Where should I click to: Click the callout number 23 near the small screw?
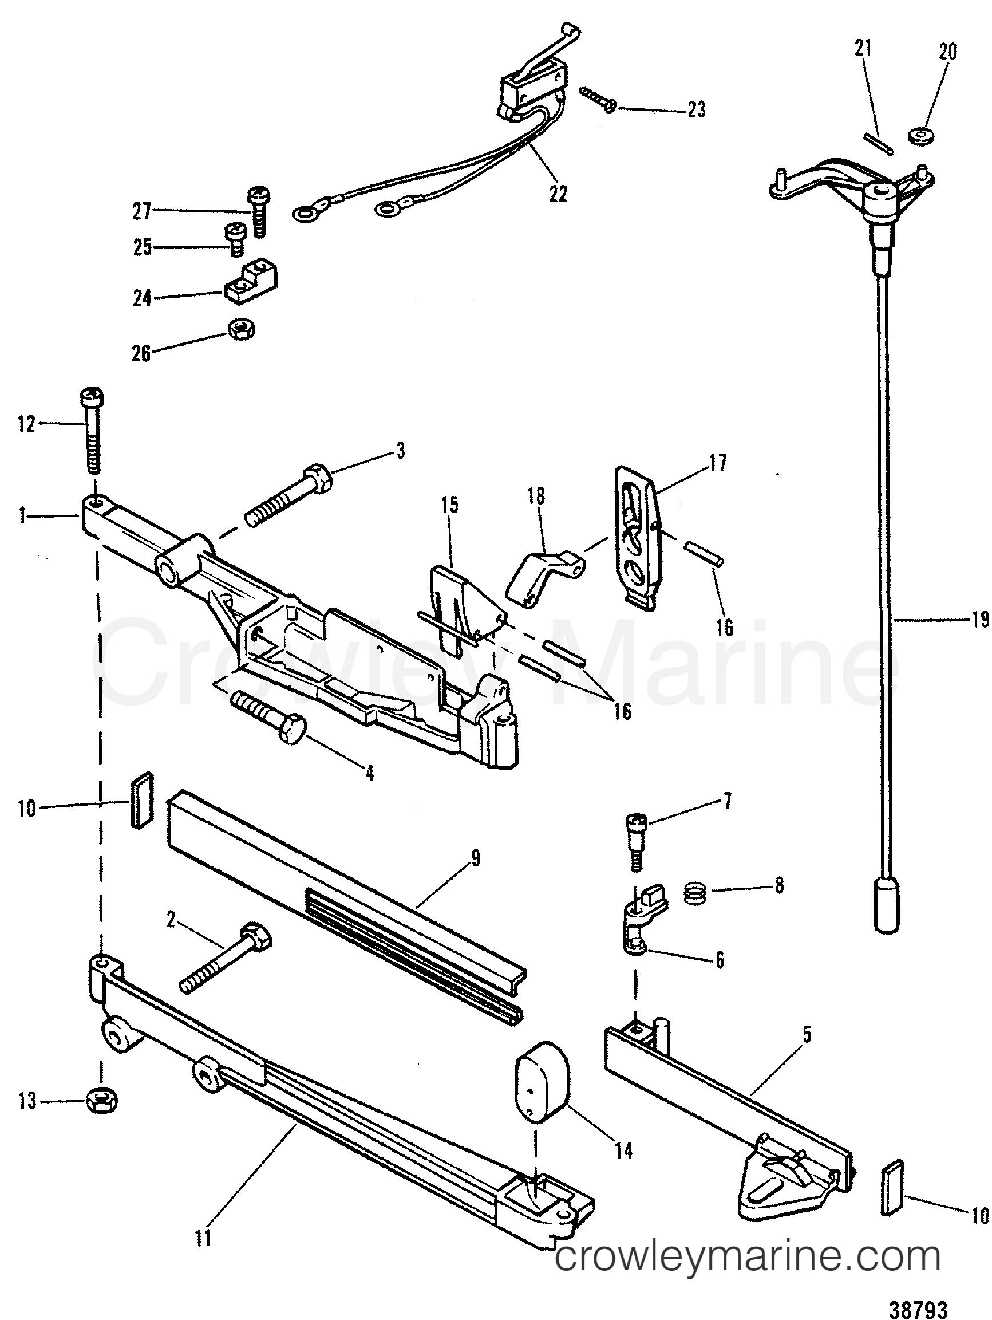click(x=696, y=111)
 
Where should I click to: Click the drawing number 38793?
click(x=919, y=1308)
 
